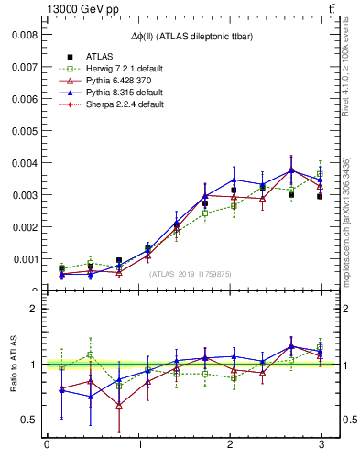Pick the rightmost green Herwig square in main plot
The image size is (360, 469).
pos(320,174)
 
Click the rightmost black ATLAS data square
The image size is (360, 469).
pos(320,196)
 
